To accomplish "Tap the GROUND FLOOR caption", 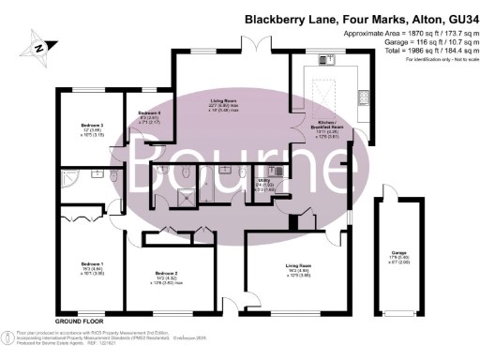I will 77,322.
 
